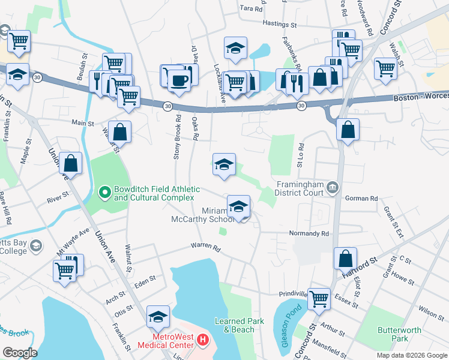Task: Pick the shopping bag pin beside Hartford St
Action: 346,259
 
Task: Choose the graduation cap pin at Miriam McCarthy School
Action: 238,207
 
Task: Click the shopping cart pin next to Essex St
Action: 319,298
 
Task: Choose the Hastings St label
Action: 280,25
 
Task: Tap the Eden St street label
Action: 145,279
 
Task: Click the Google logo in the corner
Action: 19,353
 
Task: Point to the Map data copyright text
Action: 411,355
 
